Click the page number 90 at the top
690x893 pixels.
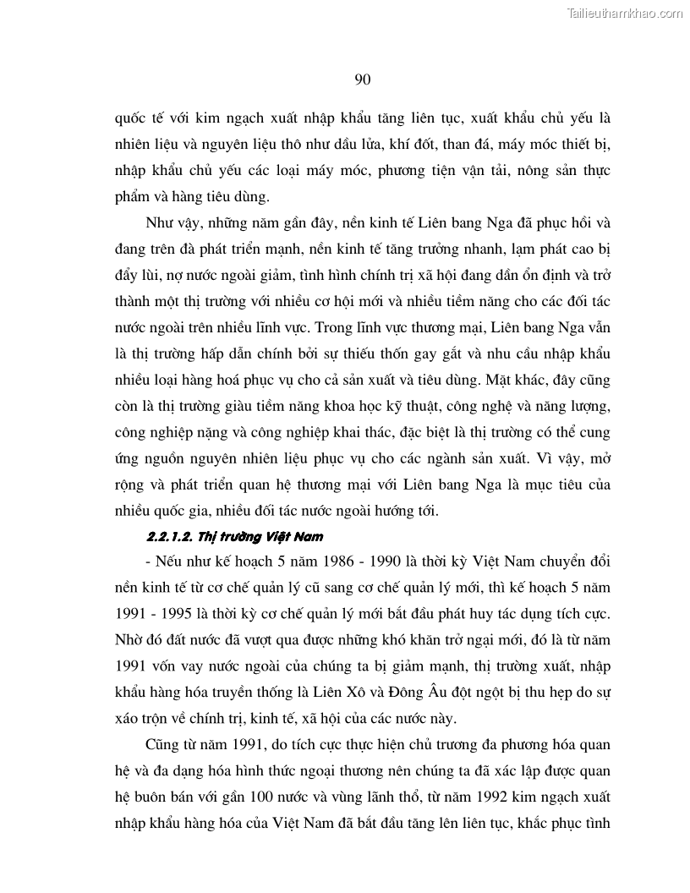pos(362,79)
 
